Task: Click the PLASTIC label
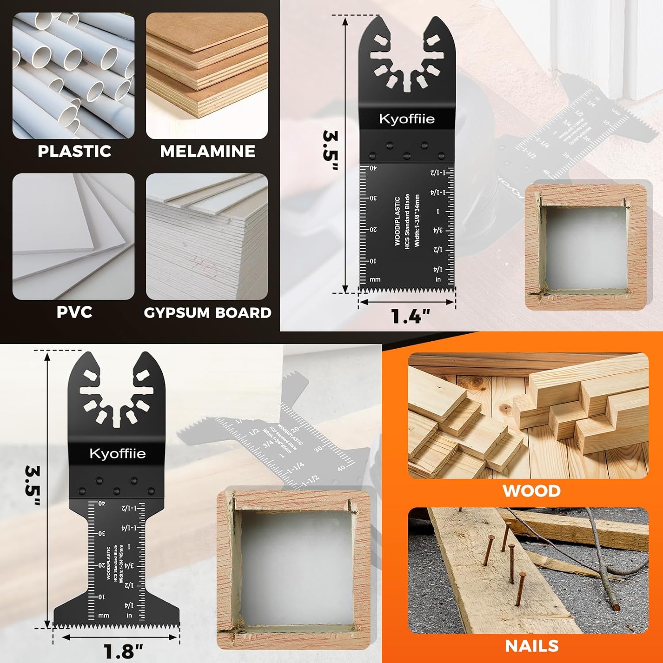click(x=74, y=151)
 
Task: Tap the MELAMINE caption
click(x=207, y=151)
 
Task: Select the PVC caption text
click(x=74, y=312)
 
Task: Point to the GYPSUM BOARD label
click(x=207, y=312)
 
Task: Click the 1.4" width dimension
click(x=411, y=316)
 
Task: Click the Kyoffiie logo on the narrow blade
click(x=407, y=119)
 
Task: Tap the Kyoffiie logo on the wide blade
click(x=117, y=453)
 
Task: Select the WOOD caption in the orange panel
click(x=531, y=491)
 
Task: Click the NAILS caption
click(x=532, y=646)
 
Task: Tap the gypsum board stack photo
click(x=207, y=236)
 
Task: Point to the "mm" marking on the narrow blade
click(x=375, y=279)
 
